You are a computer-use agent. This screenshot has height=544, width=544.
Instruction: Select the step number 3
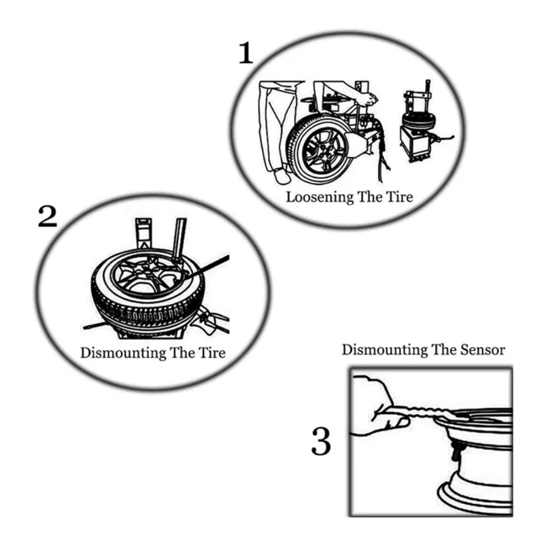click(x=320, y=441)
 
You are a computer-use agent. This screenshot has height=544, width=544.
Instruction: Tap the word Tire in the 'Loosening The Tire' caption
click(x=400, y=198)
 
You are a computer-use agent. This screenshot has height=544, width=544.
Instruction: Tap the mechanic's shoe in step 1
click(x=281, y=177)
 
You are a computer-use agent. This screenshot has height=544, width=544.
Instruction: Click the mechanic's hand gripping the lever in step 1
click(x=368, y=99)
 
